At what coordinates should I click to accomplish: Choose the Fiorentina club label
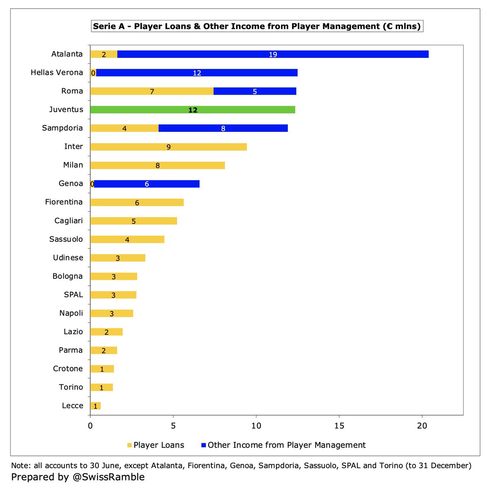(x=64, y=202)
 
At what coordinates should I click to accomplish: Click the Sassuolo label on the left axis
(x=66, y=239)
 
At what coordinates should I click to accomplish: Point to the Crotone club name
(x=68, y=369)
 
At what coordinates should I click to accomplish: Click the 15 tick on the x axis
(x=339, y=426)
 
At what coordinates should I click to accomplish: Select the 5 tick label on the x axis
(x=173, y=426)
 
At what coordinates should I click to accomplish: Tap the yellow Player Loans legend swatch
(x=129, y=445)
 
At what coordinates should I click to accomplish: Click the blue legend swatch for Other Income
(x=203, y=445)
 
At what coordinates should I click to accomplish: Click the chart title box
(x=257, y=27)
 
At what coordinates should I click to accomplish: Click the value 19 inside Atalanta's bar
(x=273, y=54)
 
